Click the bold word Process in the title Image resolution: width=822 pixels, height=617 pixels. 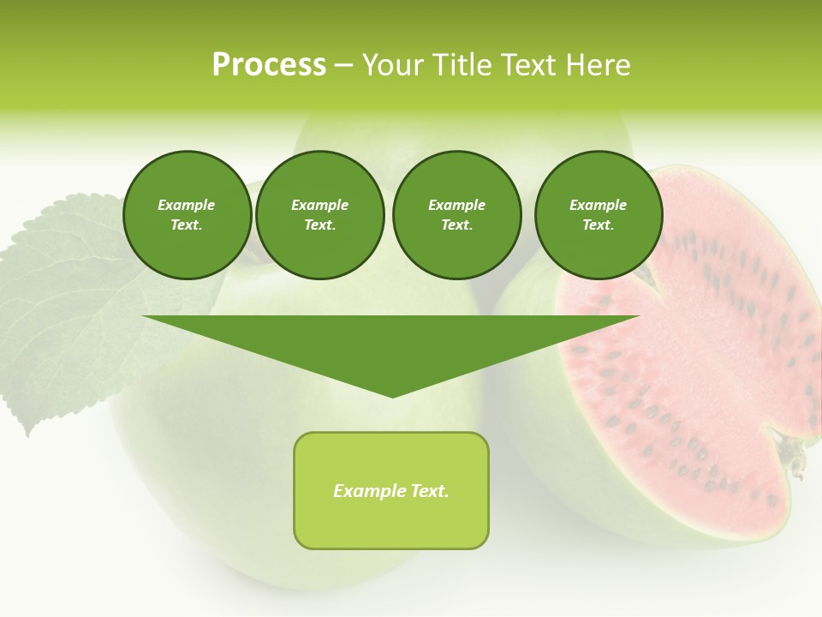(269, 65)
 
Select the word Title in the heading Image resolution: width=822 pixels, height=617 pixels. (463, 65)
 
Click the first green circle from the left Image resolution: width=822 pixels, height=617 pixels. (187, 215)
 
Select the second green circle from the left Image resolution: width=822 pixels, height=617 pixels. (320, 215)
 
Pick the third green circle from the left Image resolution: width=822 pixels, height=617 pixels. (456, 215)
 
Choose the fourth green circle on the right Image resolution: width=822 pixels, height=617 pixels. (599, 215)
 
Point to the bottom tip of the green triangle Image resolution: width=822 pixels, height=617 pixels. (392, 395)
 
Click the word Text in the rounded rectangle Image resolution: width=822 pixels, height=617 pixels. (429, 491)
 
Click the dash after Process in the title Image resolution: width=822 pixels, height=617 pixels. (343, 65)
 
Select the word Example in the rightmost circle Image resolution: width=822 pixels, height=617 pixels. (598, 205)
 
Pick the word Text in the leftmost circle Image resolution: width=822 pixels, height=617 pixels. (186, 225)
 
